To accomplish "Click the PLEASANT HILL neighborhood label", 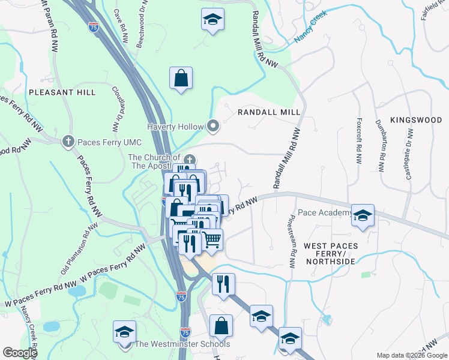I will point(61,92).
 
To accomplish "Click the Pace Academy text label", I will point(324,213).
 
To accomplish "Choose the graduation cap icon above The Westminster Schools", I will point(125,331).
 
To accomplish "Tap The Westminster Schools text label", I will point(181,344).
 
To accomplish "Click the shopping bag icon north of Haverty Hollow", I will point(181,79).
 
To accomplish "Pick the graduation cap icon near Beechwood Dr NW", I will point(212,20).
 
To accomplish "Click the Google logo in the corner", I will point(20,353).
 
